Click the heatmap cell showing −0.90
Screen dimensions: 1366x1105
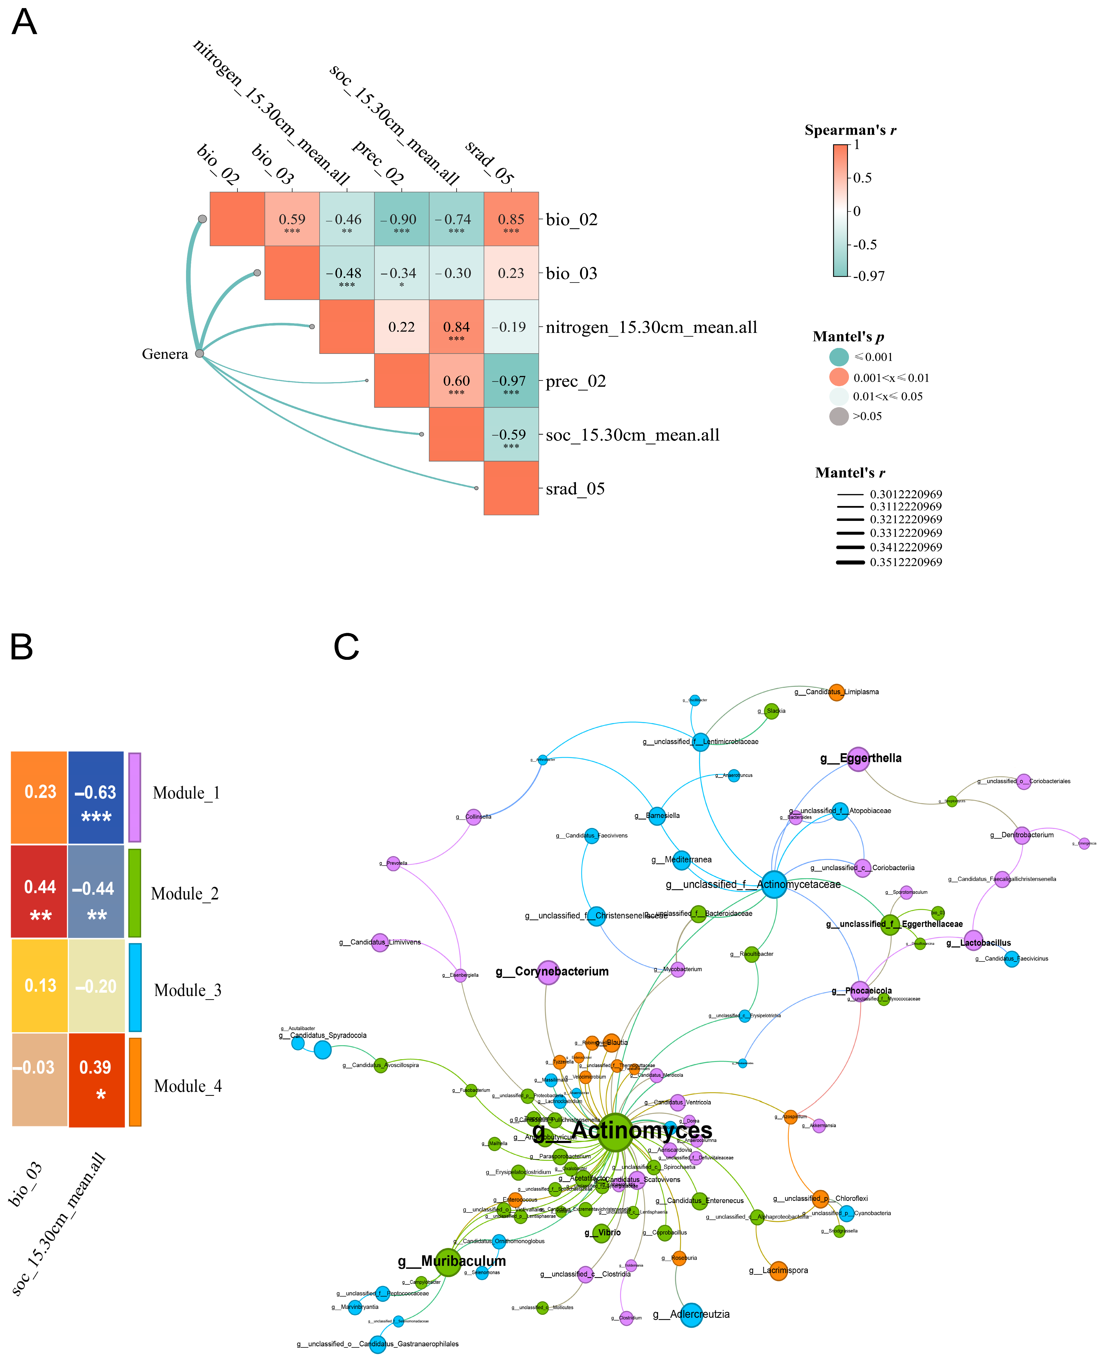coord(402,219)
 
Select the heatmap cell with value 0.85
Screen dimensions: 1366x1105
coord(511,219)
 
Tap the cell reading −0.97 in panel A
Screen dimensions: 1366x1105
coord(511,381)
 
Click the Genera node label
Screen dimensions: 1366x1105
coord(165,354)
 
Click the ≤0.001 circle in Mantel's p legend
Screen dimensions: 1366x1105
coord(839,357)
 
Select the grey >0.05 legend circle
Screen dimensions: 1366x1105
coord(839,416)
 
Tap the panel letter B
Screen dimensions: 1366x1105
coord(22,647)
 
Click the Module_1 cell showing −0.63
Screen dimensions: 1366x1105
coord(96,797)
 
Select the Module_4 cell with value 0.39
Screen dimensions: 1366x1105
coord(96,1079)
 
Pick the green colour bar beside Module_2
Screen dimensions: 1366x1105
coord(134,893)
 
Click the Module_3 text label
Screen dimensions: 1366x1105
coord(188,991)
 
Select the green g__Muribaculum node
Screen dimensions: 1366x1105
coord(448,1262)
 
